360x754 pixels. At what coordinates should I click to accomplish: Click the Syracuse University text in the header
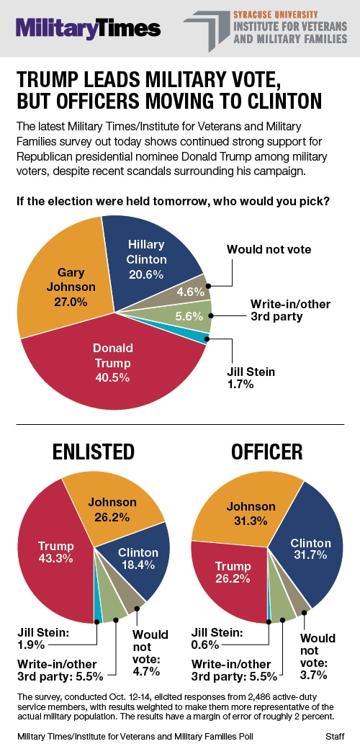tap(269, 15)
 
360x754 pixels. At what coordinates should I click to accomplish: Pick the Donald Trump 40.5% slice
tap(115, 365)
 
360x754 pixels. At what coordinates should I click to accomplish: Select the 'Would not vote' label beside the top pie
tap(269, 249)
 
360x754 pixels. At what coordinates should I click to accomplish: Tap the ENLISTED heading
tap(94, 452)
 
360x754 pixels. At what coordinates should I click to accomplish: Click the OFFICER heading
tap(266, 452)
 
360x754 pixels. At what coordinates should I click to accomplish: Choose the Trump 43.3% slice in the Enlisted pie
tap(55, 553)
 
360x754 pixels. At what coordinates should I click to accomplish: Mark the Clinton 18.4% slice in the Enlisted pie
tap(140, 558)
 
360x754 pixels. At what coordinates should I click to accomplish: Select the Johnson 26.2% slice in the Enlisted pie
tap(113, 510)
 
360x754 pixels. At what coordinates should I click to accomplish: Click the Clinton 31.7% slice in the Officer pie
tap(312, 548)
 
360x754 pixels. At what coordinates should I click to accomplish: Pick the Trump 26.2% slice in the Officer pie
tap(230, 577)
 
